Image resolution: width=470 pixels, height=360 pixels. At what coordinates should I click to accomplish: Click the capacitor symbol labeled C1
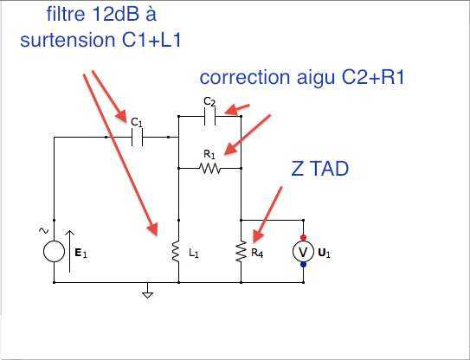click(138, 138)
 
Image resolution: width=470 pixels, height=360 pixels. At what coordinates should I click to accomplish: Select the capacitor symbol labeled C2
click(209, 116)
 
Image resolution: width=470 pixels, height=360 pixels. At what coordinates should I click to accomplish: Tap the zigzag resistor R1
click(209, 169)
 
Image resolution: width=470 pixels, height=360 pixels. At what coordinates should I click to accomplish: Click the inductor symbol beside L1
click(176, 252)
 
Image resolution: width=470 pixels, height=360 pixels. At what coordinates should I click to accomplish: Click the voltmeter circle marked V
click(303, 252)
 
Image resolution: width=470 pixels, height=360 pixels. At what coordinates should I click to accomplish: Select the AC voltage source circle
click(54, 251)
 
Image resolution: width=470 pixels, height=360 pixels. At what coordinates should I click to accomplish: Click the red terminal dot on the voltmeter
click(303, 237)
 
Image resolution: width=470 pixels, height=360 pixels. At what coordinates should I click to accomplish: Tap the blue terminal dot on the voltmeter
click(303, 265)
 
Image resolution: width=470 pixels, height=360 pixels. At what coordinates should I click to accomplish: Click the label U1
click(324, 254)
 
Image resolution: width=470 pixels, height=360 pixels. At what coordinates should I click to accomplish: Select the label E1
click(81, 254)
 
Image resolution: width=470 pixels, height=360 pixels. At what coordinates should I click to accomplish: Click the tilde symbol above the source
click(43, 230)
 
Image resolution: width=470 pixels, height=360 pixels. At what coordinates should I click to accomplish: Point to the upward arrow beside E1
click(69, 251)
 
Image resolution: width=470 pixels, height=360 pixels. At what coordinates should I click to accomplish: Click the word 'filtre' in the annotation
click(66, 14)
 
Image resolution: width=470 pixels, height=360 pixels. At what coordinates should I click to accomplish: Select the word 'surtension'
click(68, 40)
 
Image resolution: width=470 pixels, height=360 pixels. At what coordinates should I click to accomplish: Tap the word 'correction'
click(245, 77)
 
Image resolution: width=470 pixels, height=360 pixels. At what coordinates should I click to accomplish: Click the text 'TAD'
click(331, 169)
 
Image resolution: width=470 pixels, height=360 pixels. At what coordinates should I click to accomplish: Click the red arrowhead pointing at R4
click(259, 235)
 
